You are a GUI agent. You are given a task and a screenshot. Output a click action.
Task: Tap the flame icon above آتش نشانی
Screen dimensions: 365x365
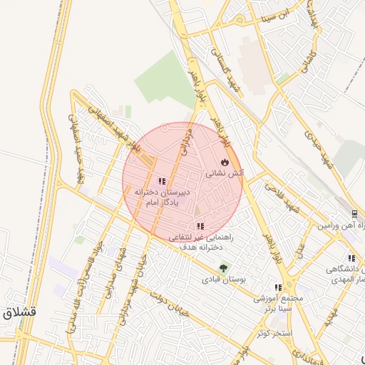[227, 162]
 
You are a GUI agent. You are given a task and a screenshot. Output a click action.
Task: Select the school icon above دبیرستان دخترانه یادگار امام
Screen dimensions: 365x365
[162, 181]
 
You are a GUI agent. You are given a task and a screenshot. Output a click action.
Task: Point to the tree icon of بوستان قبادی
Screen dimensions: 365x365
[225, 268]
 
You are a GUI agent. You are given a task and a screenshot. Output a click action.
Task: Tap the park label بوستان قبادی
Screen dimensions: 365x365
[223, 280]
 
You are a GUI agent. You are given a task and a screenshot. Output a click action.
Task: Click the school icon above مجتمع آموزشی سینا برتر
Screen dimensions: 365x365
[278, 287]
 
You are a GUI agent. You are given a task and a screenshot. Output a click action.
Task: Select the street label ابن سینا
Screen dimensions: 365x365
[274, 14]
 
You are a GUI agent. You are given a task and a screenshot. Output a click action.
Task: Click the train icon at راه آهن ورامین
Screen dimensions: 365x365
[354, 213]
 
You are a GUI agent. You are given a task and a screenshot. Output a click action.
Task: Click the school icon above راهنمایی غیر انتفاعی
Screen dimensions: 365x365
[199, 227]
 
